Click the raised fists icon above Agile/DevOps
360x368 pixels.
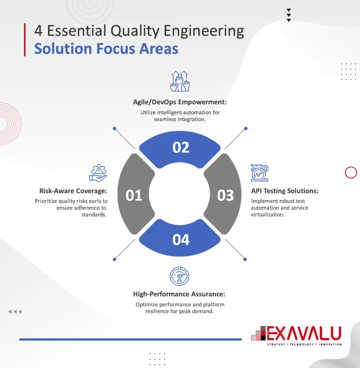180,81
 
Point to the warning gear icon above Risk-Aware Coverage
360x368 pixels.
98,173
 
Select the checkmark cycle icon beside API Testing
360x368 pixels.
259,173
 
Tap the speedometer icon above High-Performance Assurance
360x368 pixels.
180,276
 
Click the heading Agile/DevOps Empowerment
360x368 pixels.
180,102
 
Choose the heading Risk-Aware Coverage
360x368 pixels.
73,191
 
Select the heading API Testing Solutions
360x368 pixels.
285,191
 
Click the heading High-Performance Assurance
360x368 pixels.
179,294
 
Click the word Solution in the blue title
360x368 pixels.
63,49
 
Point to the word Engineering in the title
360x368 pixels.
204,31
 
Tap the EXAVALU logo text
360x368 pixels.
304,333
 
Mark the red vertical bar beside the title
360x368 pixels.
25,40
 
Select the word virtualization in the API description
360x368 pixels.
267,215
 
